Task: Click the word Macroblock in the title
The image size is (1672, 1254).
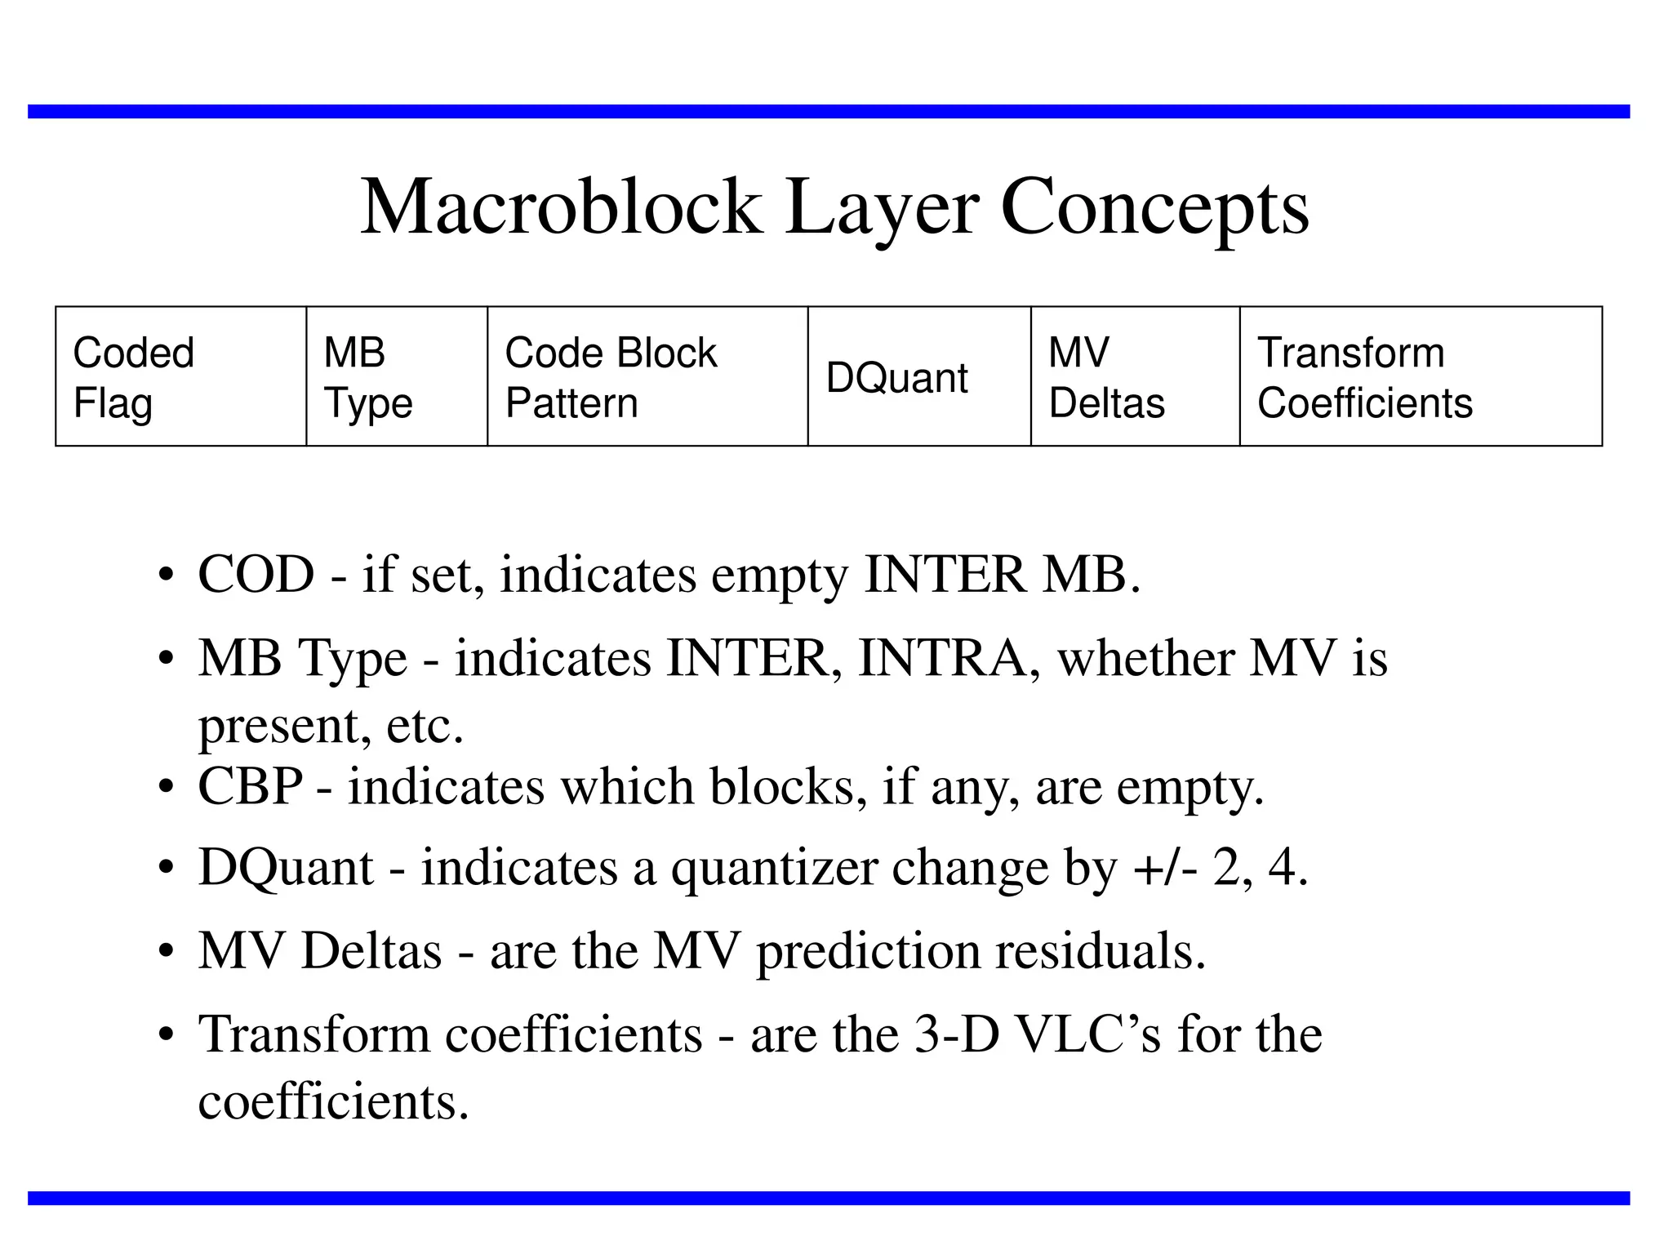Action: [562, 207]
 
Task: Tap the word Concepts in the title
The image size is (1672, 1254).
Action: [1154, 209]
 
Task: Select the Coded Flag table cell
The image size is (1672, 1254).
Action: [180, 376]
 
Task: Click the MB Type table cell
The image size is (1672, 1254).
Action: [397, 376]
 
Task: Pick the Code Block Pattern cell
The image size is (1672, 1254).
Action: [647, 376]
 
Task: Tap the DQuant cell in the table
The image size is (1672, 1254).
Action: [919, 376]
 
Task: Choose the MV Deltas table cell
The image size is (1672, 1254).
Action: [1135, 376]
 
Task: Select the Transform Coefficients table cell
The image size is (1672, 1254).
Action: [1421, 376]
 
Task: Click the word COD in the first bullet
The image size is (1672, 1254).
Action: [256, 574]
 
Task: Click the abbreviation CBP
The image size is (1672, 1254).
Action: [250, 786]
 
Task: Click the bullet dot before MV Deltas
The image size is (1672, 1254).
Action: [167, 953]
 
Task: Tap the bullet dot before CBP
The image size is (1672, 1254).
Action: [167, 788]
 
